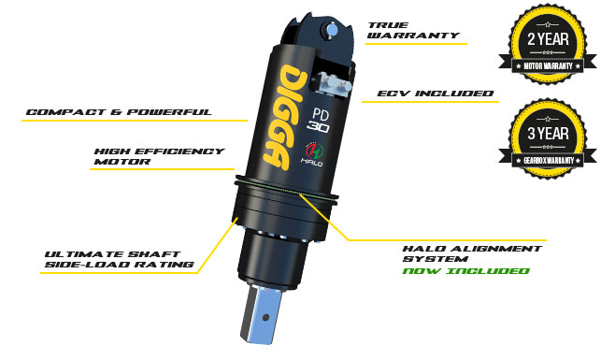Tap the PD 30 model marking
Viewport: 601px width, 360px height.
(x=319, y=121)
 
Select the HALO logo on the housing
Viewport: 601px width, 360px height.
(x=313, y=154)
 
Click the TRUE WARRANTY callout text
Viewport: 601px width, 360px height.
(x=413, y=30)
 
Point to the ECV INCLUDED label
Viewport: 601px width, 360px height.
(x=436, y=94)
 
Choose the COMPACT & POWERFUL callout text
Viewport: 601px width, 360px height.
(x=119, y=112)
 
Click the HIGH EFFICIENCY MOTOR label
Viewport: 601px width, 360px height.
(x=159, y=156)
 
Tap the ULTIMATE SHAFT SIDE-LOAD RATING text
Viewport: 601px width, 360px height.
(x=120, y=259)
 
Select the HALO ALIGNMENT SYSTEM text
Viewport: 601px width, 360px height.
(x=472, y=253)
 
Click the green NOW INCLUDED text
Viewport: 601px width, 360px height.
(x=465, y=270)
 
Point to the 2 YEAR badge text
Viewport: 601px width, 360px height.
(x=548, y=38)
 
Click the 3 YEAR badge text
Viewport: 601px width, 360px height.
(x=548, y=133)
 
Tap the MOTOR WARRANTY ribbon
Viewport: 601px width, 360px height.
(x=548, y=66)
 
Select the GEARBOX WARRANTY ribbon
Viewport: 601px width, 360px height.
(x=548, y=160)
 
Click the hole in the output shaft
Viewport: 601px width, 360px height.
(x=265, y=317)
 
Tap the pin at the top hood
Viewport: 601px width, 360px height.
(x=331, y=30)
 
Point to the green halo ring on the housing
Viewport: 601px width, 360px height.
(x=286, y=188)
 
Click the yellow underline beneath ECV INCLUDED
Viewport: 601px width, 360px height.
(x=431, y=102)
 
